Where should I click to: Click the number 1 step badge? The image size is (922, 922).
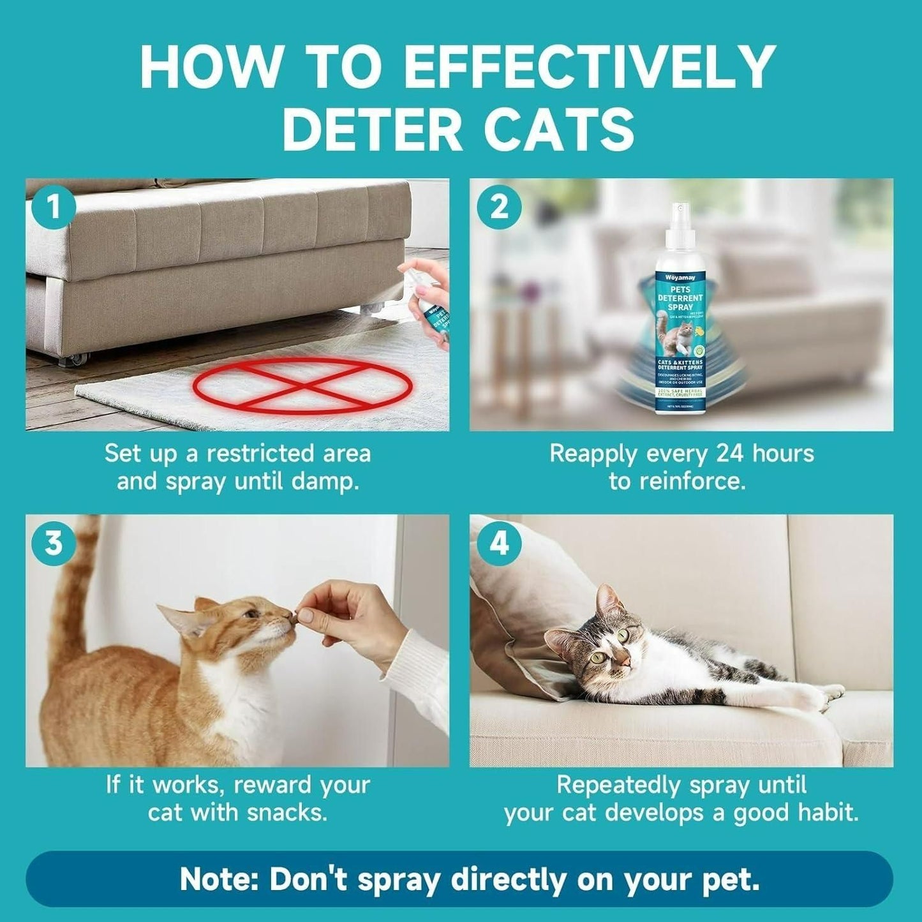(x=54, y=207)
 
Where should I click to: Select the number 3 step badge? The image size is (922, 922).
(x=54, y=543)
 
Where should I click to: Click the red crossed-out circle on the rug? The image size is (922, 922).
(x=302, y=386)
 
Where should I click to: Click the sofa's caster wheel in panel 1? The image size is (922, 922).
(x=71, y=360)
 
